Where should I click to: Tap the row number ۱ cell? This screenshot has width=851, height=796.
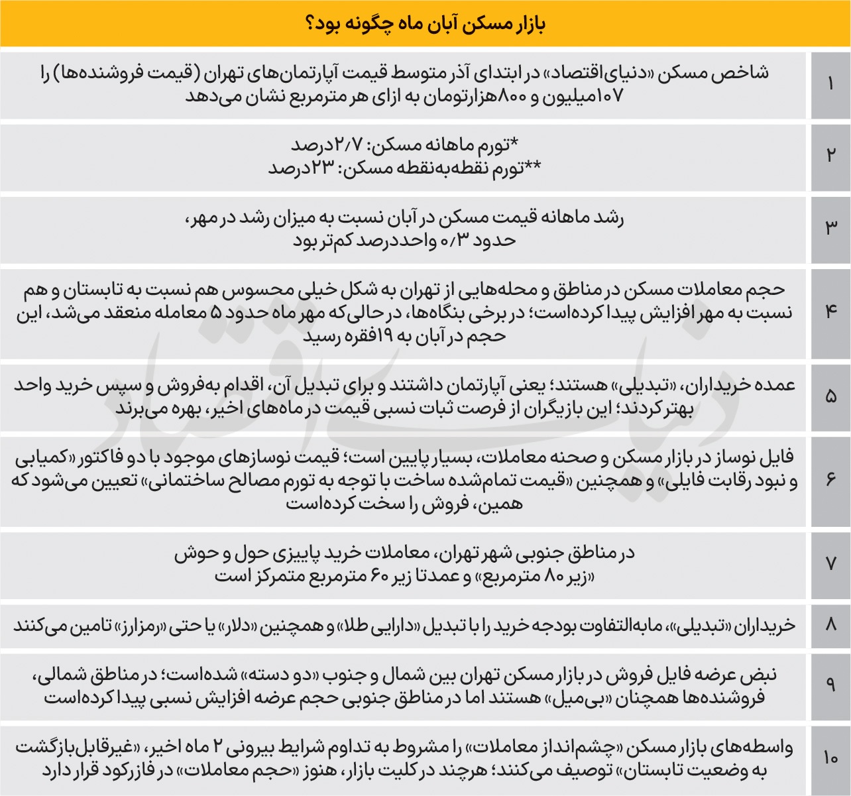coord(830,84)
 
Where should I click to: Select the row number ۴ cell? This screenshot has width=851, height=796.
coord(830,312)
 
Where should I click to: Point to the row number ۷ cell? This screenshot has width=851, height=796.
coord(830,564)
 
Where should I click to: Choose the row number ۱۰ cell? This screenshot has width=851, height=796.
coord(830,758)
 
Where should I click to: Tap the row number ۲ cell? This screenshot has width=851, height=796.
coord(830,156)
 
